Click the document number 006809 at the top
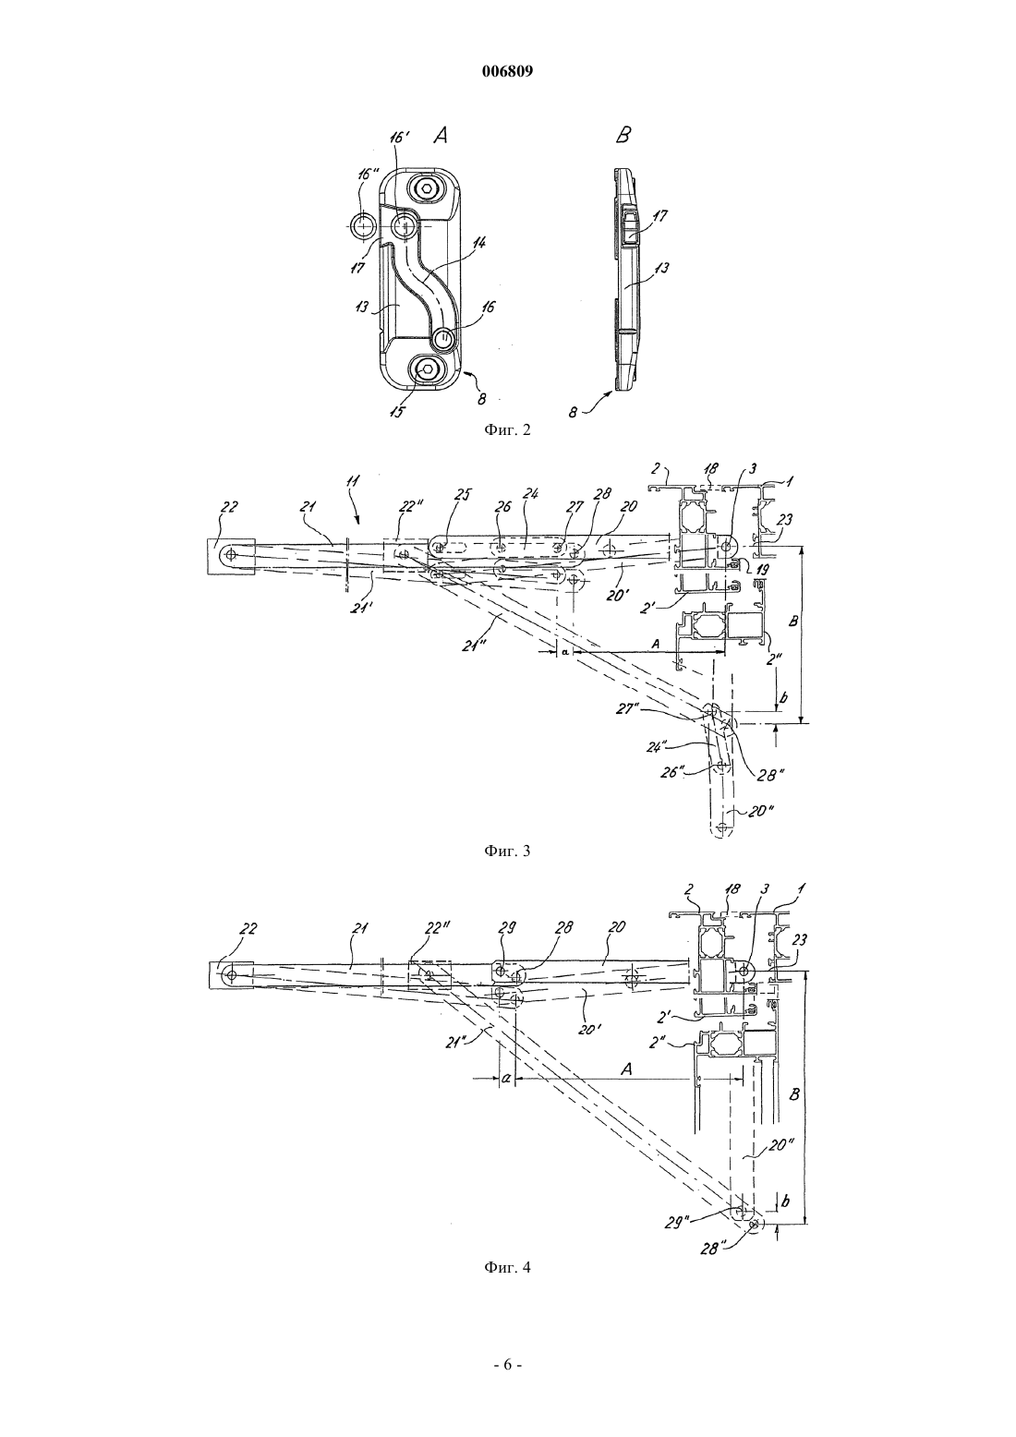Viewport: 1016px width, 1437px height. pos(507,72)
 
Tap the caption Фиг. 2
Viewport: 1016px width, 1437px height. pos(507,429)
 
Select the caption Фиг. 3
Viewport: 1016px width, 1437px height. pos(507,851)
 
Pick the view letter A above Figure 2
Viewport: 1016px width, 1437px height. pos(440,136)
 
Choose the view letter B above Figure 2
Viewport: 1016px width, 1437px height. pos(623,136)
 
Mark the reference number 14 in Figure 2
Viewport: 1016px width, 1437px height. pos(479,243)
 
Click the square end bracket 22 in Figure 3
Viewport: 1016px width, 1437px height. pos(231,556)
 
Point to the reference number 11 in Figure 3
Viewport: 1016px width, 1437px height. pos(354,481)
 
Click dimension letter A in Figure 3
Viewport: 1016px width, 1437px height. pos(655,642)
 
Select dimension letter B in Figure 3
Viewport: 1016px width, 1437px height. pos(793,622)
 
